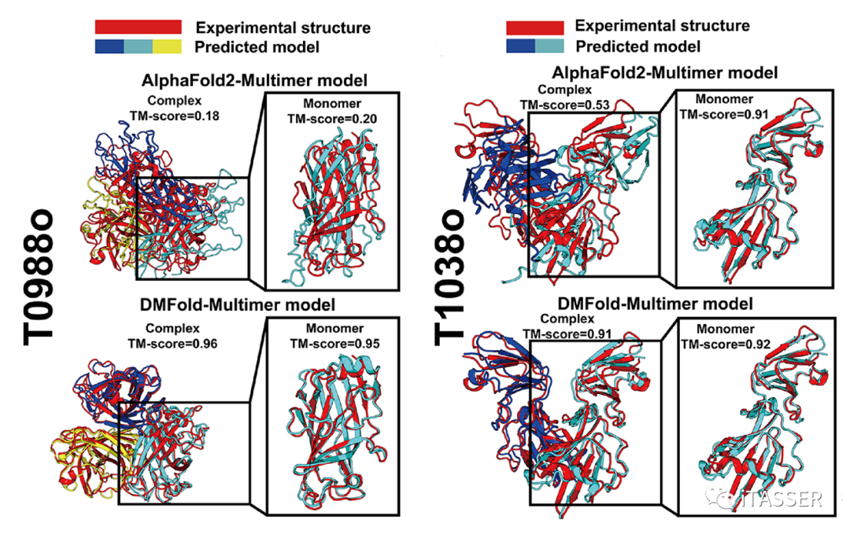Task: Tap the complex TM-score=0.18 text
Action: point(175,116)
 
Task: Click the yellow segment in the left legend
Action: point(167,46)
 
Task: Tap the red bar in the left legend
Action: point(139,28)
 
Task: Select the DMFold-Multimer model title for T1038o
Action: point(655,304)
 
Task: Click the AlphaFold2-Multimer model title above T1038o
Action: point(655,72)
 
